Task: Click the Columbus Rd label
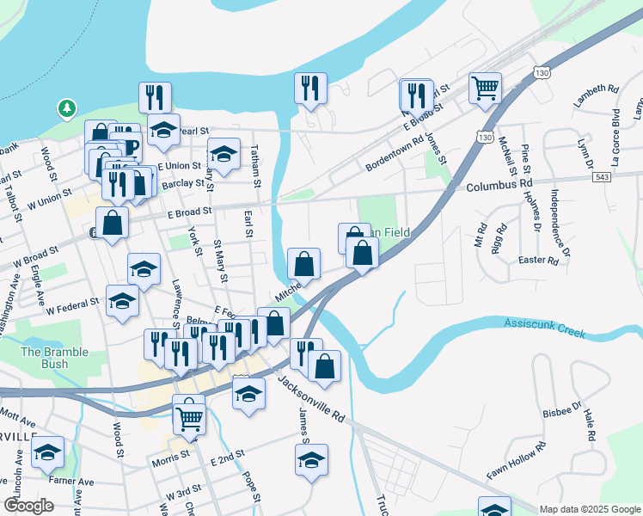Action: pyautogui.click(x=499, y=185)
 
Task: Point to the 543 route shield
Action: pyautogui.click(x=603, y=176)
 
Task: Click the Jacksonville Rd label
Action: pyautogui.click(x=310, y=396)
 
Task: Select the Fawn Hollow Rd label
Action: pyautogui.click(x=516, y=461)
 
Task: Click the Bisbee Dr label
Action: pyautogui.click(x=563, y=408)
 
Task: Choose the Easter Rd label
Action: pyautogui.click(x=540, y=260)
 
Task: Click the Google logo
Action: pyautogui.click(x=28, y=506)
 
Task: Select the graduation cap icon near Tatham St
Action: pyautogui.click(x=224, y=155)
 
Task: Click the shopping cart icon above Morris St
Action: pyautogui.click(x=189, y=419)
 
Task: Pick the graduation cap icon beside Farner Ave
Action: pyautogui.click(x=48, y=453)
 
